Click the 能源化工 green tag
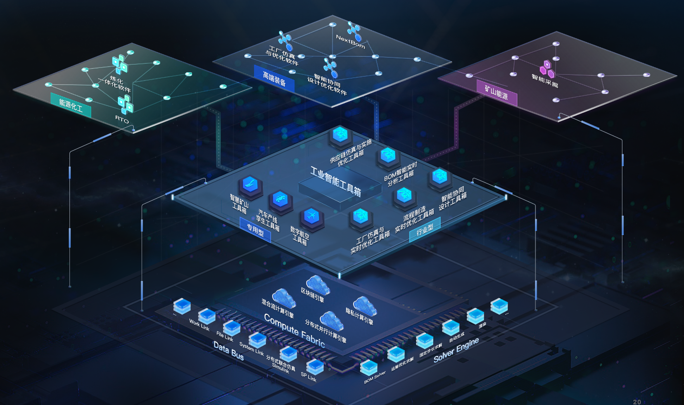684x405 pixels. [71, 106]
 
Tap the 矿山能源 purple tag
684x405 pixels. [497, 93]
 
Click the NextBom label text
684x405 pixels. [350, 42]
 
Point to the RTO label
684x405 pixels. [122, 119]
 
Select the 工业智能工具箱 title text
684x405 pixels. [336, 181]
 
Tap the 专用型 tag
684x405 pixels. [255, 230]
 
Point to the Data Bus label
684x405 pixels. [229, 351]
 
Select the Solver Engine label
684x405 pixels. [456, 350]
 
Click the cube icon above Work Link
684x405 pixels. [207, 316]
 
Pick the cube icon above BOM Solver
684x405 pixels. [369, 368]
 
